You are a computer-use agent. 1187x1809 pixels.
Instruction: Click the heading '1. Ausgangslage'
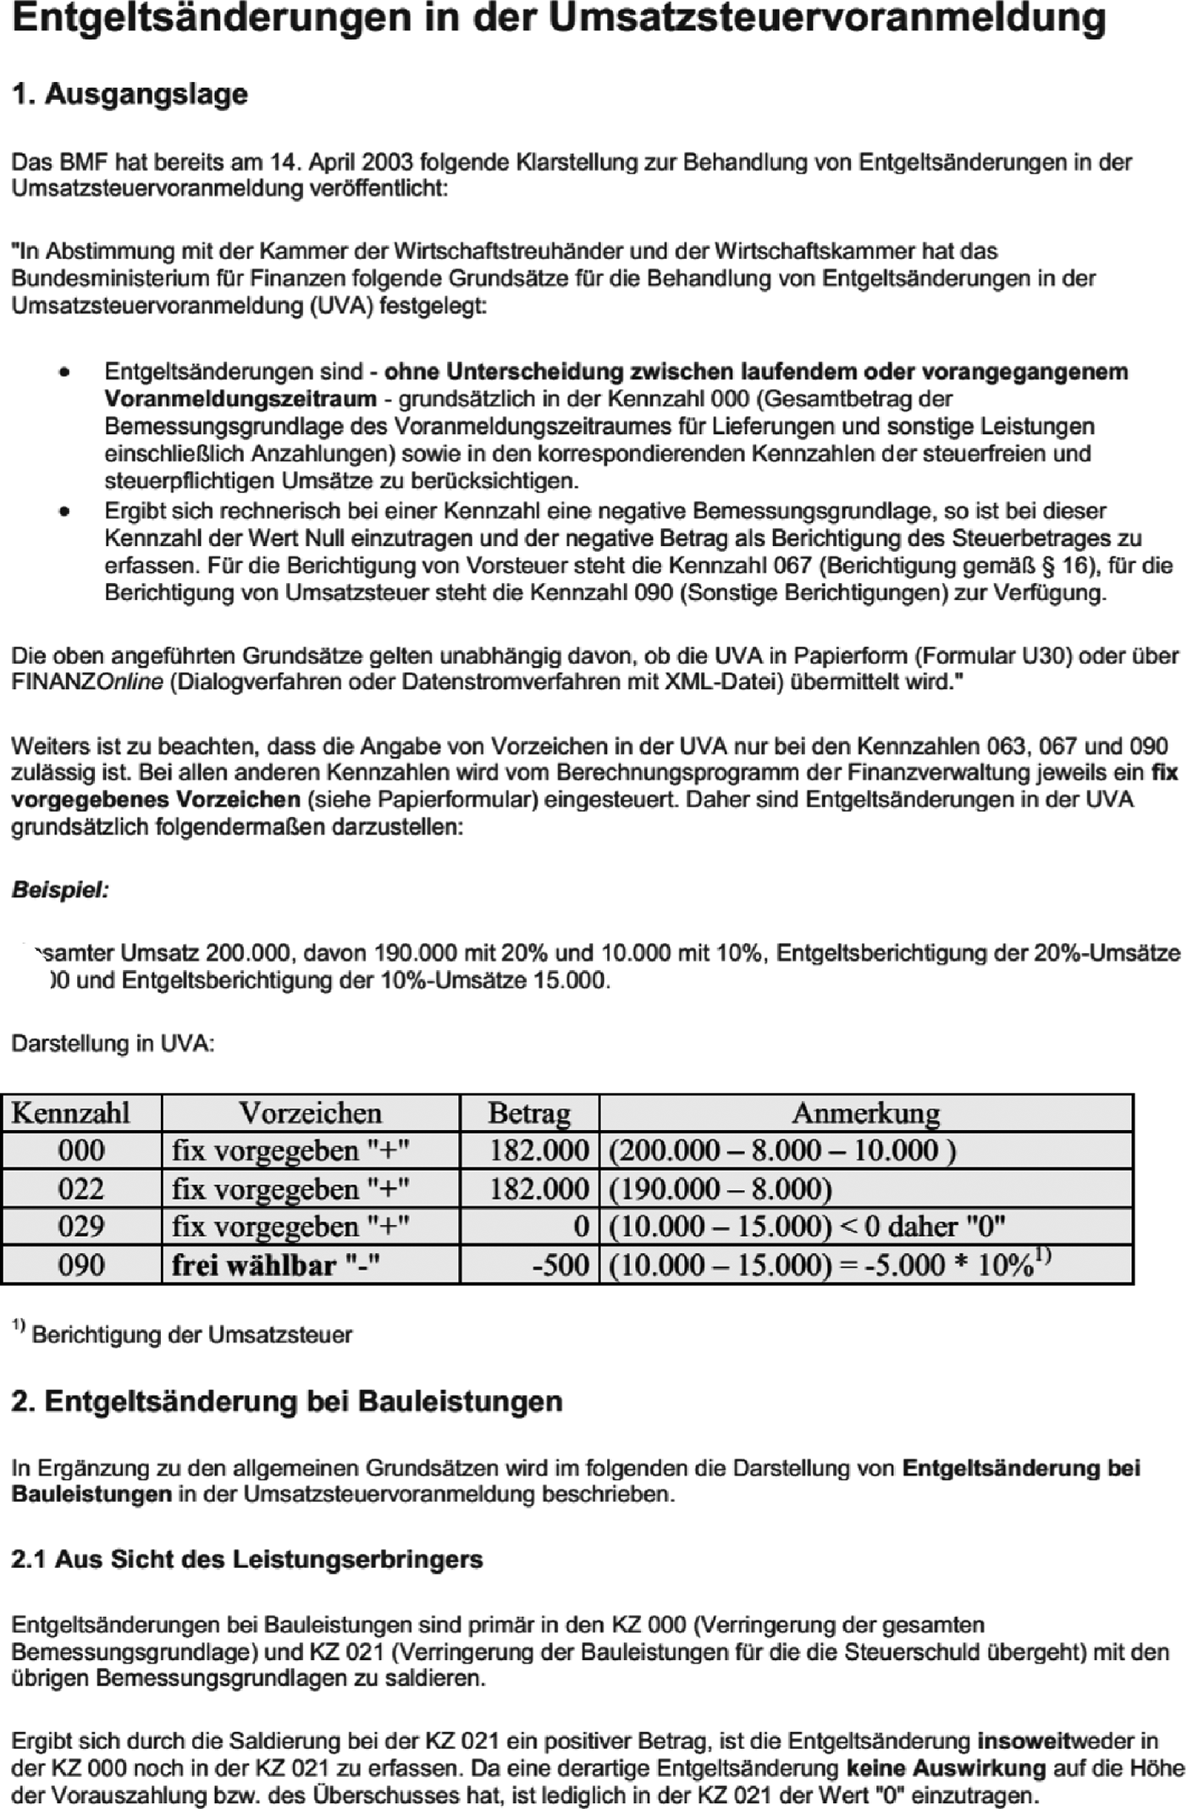point(130,94)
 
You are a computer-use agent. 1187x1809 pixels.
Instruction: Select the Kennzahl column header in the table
point(71,1112)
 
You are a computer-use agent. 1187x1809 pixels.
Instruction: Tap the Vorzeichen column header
point(310,1112)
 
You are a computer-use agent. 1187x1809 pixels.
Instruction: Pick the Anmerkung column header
point(865,1112)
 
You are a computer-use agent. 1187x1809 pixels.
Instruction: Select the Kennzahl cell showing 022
point(81,1189)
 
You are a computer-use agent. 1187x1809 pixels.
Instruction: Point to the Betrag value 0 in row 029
point(581,1227)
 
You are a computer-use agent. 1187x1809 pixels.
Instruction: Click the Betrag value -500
point(560,1265)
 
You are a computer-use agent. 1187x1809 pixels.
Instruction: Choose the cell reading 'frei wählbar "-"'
point(276,1265)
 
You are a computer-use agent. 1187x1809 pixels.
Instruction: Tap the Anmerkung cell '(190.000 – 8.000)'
point(720,1189)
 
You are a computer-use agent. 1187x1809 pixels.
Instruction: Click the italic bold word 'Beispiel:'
point(60,890)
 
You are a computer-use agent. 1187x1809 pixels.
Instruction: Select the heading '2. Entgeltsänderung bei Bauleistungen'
point(287,1401)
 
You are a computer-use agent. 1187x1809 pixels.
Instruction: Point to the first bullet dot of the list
point(63,372)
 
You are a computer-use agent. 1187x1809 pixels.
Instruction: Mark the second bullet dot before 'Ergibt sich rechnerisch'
point(63,511)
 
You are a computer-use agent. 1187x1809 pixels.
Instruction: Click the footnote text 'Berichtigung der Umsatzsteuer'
point(191,1335)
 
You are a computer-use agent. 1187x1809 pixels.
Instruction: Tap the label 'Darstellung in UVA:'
point(113,1043)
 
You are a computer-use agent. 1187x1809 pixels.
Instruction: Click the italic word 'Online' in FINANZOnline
point(130,682)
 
